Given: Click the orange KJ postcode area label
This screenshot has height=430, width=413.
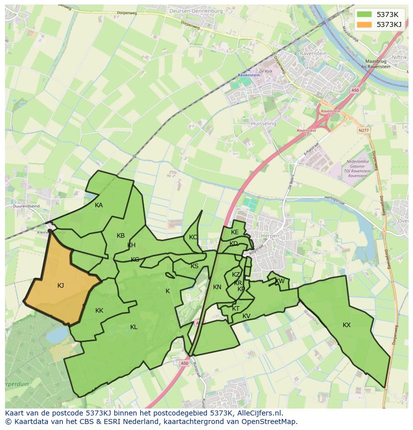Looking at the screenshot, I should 60,286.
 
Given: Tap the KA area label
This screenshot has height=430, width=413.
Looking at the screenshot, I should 99,205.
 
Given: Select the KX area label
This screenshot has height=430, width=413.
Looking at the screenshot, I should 347,325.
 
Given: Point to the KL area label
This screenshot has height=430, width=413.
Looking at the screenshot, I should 134,327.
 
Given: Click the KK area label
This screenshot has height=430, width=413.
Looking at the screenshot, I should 99,311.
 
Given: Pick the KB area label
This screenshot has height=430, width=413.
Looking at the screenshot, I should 121,236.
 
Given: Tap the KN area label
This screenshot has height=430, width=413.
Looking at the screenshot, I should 217,287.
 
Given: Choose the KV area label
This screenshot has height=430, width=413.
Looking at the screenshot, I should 246,316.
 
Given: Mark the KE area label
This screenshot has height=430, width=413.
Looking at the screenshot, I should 235,232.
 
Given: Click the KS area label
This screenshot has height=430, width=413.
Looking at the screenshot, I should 195,266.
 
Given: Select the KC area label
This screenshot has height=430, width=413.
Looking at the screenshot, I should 193,237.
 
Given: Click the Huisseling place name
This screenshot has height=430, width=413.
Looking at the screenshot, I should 264,123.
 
